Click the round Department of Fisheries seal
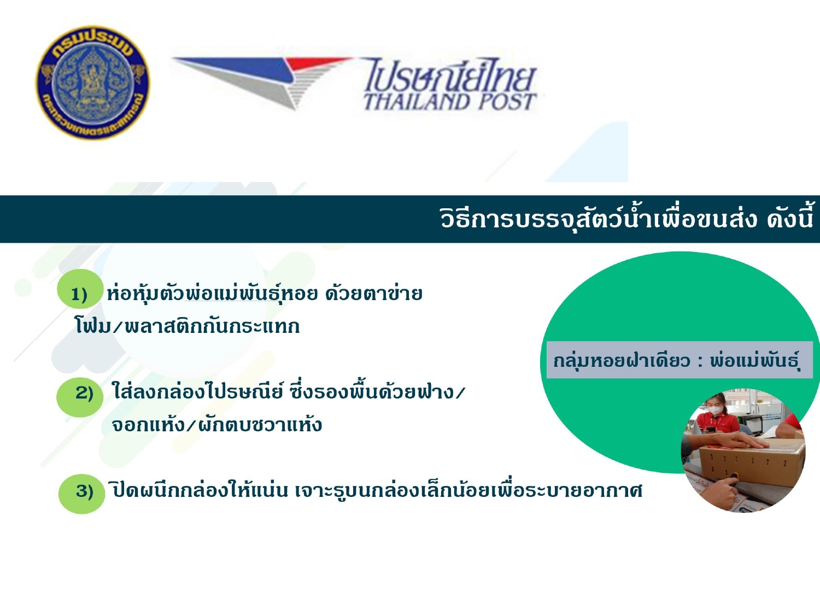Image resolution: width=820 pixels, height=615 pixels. point(92,83)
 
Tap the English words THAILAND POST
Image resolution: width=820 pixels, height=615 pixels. point(450,102)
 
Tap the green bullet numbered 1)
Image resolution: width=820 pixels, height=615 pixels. point(80,289)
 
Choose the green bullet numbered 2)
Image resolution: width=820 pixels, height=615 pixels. point(80,397)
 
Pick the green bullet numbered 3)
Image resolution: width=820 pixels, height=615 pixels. point(82,494)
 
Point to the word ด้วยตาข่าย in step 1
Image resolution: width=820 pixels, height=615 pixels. point(373,294)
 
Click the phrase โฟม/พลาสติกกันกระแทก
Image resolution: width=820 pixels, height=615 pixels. point(187,326)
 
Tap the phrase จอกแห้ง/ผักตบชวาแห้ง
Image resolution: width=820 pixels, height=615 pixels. point(216,425)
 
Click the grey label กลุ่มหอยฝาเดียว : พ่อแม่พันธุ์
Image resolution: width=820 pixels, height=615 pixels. point(680,360)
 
